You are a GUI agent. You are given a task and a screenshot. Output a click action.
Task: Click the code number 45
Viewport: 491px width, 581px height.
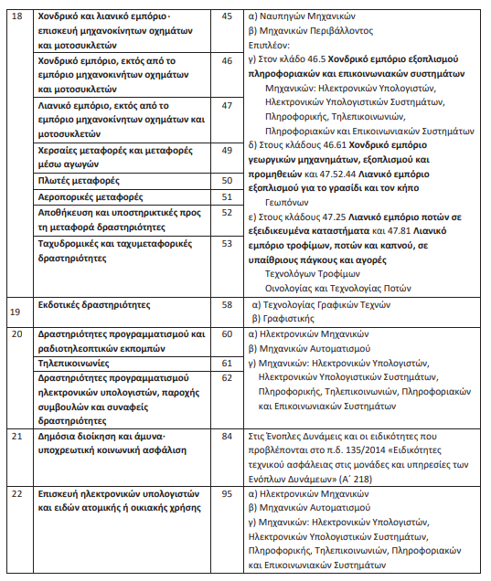(228, 17)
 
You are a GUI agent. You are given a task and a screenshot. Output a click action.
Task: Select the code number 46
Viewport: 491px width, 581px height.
(228, 58)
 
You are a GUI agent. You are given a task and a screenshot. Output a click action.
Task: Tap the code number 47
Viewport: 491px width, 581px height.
(228, 106)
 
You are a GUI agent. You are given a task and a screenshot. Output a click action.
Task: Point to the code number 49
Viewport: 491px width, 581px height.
(228, 148)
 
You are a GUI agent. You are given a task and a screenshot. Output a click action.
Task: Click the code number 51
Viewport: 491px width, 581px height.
(228, 196)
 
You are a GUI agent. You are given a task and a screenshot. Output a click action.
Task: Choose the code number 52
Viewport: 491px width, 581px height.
(228, 211)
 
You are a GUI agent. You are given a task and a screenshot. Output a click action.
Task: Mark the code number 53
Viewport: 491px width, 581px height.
(228, 244)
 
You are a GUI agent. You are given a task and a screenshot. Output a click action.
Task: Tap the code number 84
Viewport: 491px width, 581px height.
(228, 436)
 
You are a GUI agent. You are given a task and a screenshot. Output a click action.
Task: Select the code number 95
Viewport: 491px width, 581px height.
(228, 494)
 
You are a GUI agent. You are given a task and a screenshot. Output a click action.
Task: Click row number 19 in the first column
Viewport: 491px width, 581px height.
(16, 312)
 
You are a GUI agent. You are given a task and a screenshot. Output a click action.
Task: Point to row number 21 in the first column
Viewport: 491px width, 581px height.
(16, 436)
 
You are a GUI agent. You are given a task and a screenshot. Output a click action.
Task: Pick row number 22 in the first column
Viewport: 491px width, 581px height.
(16, 494)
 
